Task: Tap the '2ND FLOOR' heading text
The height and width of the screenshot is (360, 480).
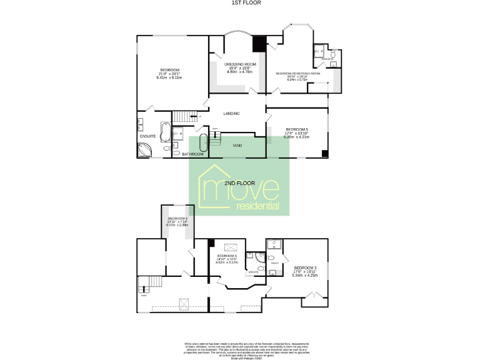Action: tap(239, 183)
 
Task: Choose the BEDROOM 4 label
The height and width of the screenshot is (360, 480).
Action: tap(177, 218)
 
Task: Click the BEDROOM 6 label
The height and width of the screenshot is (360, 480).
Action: tap(227, 256)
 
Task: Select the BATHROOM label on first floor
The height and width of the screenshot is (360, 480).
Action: tap(192, 154)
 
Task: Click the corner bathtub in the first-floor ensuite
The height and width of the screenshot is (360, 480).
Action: tap(144, 150)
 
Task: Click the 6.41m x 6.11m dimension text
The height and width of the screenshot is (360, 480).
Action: tap(170, 78)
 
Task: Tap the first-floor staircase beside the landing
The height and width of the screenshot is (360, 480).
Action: tap(183, 117)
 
